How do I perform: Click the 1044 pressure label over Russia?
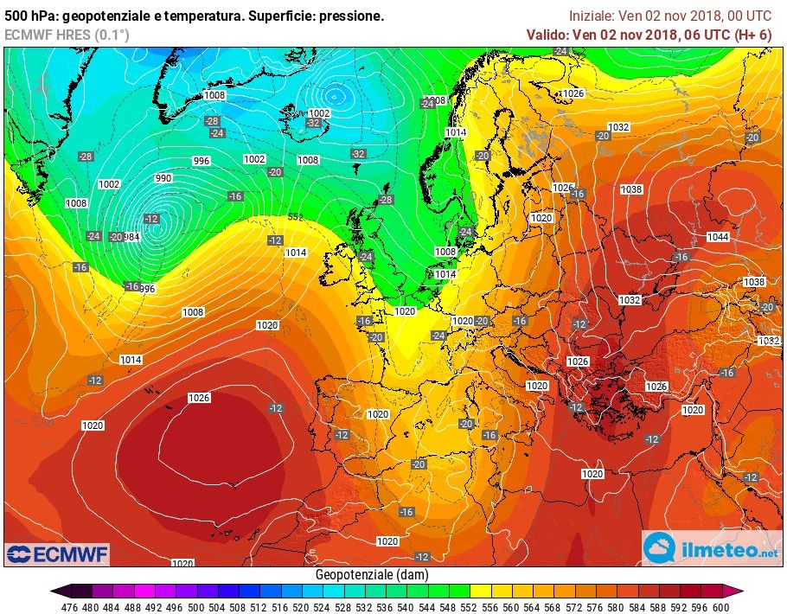click(717, 237)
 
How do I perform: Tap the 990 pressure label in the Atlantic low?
click(163, 178)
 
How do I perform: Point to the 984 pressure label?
click(132, 237)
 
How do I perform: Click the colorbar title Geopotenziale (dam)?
click(372, 575)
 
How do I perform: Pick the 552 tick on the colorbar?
click(467, 607)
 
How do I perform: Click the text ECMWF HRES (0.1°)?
click(67, 35)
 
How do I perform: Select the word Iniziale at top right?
click(592, 16)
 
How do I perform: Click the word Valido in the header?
click(547, 35)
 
